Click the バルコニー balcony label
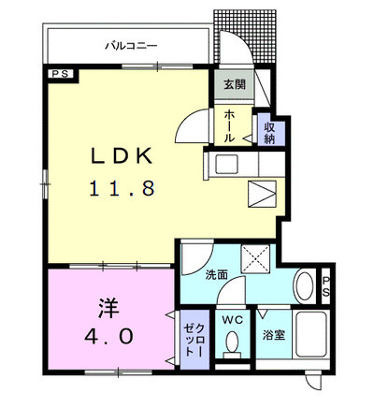pos(131,47)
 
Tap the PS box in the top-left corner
pos(61,74)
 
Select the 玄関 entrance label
pos(235,84)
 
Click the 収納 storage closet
pos(271,133)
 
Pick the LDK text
pos(122,155)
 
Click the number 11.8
pos(122,189)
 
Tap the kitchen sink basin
pos(227,165)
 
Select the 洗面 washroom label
pos(217,275)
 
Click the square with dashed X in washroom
pos(255,259)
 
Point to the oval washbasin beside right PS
pos(306,286)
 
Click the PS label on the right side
pos(325,286)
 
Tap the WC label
pos(232,320)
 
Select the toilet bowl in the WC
pos(232,342)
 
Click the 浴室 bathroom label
pos(273,335)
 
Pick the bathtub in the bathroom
pos(311,334)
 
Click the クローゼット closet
pos(194,340)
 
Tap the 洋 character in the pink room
pos(108,308)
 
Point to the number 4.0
pos(109,336)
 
